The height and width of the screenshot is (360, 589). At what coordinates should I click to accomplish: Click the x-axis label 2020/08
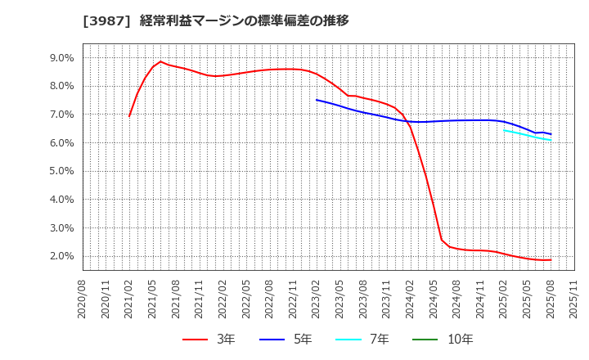point(83,301)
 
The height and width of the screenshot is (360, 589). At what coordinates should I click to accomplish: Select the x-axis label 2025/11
point(574,301)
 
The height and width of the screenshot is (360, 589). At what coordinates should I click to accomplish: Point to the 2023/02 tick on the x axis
point(317,301)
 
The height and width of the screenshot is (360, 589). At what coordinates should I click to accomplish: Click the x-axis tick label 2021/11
point(200,301)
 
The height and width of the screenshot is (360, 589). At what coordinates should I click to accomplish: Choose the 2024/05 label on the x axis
point(434,301)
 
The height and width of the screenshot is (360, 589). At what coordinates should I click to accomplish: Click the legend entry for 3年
point(209,340)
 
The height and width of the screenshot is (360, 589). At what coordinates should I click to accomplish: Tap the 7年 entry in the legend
point(357,340)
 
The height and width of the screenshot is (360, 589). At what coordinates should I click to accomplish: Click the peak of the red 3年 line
point(160,61)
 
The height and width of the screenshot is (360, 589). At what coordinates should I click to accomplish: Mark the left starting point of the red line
point(129,116)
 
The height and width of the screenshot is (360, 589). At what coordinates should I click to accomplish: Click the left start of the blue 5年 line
point(317,100)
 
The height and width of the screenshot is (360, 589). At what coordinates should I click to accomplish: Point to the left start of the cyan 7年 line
point(504,129)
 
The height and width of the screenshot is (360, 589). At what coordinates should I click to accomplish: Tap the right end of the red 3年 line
point(551,260)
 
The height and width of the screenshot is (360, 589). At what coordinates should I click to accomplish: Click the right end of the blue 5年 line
point(551,134)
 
